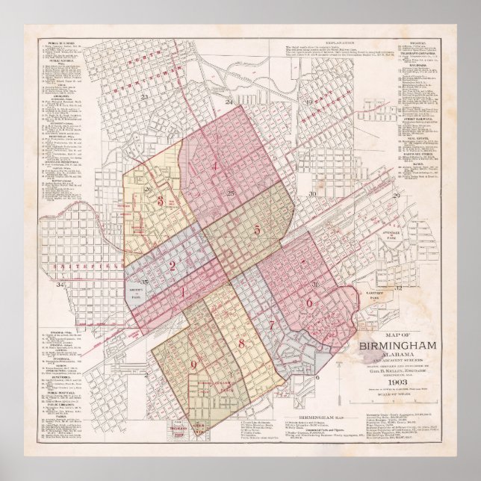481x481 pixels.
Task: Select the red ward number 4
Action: (215, 167)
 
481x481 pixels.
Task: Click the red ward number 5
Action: (257, 230)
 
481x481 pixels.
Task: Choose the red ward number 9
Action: (195, 364)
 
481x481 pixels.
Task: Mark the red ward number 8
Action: (241, 343)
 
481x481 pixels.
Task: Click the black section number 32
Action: (398, 287)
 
